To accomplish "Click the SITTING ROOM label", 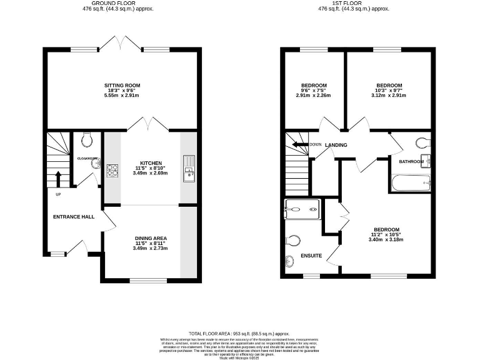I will pos(122,86).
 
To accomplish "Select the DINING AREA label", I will pos(151,238).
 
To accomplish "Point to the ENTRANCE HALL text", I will pos(73,217).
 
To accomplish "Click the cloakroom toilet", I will pos(86,137).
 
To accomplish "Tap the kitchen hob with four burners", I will pos(112,170).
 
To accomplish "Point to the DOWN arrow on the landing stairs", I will pos(302,146).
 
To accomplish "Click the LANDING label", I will pos(336,146).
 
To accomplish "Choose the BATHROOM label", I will pos(411,162).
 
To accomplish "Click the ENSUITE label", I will pos(311,256).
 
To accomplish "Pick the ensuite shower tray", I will pos(302,209).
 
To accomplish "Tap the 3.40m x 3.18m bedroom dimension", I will pos(386,239).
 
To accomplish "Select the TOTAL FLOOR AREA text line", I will pos(239,334).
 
